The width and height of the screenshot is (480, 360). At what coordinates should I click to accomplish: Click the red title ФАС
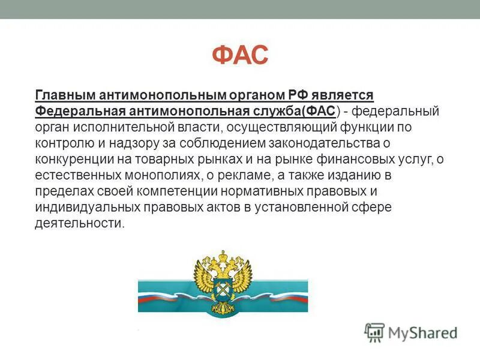pos(240,56)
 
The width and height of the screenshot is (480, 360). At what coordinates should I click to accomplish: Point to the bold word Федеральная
pos(71,112)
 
